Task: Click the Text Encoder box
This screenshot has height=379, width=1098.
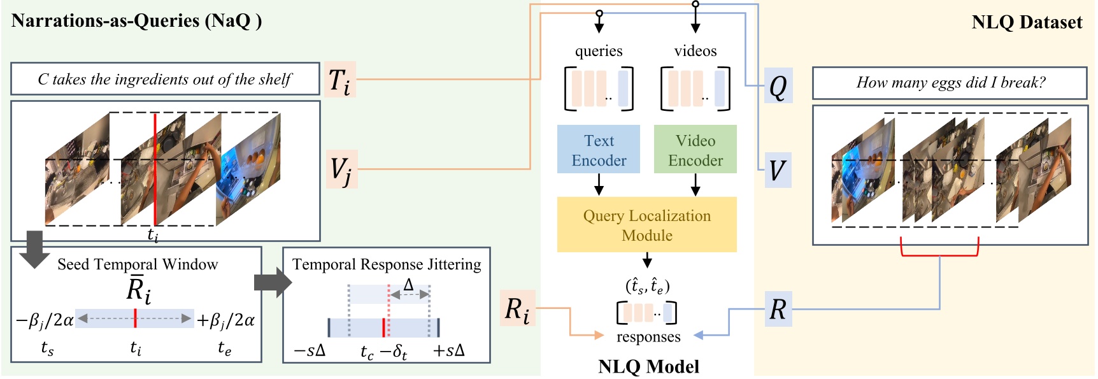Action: tap(598, 150)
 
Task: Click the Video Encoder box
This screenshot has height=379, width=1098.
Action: tap(695, 150)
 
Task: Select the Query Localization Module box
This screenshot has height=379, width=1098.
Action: tap(646, 225)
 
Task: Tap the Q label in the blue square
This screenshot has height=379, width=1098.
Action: tap(778, 86)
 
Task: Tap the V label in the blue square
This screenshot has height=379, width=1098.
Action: tap(778, 170)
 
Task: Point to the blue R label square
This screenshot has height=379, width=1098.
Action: tap(778, 310)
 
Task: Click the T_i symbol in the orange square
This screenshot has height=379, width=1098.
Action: tap(339, 80)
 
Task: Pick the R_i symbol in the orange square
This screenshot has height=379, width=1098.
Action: tap(517, 310)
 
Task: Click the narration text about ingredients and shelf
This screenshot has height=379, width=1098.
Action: tap(164, 79)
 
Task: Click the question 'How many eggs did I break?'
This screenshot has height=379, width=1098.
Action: tap(950, 83)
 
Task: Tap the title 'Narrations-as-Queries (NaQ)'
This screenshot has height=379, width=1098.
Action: tap(136, 20)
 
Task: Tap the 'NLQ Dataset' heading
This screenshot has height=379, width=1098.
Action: tap(1026, 22)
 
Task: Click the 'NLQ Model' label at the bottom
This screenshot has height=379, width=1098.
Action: tap(648, 366)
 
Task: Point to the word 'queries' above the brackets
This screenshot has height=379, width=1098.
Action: tap(599, 51)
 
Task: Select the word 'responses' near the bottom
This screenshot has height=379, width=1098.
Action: tap(648, 336)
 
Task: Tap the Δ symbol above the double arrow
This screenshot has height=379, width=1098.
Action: tap(409, 285)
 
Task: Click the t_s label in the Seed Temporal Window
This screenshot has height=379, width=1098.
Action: tap(47, 348)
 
